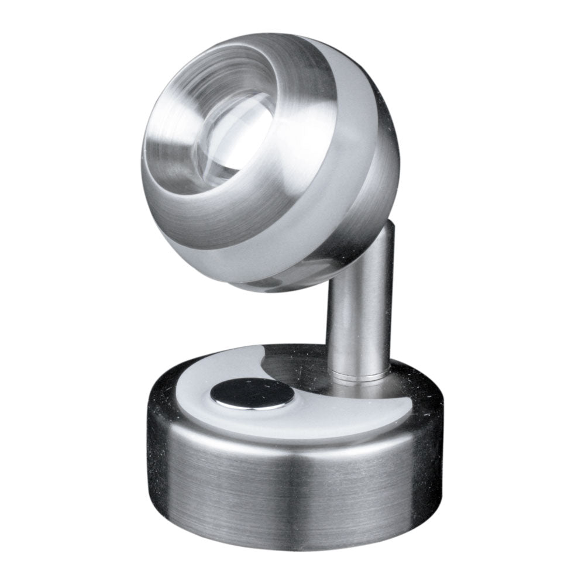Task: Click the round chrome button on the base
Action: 252,393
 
